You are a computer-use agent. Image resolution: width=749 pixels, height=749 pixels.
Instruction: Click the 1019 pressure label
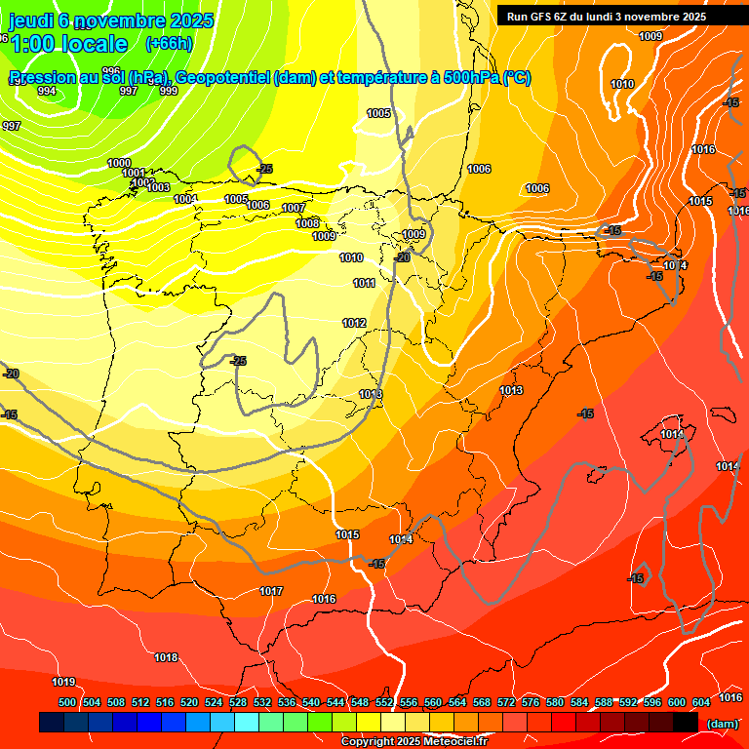(64, 682)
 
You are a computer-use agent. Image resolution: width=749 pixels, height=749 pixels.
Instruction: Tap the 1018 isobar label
(166, 658)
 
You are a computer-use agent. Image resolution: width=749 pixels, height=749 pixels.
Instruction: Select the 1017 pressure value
(271, 592)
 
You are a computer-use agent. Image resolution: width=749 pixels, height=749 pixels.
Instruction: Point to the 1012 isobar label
(354, 323)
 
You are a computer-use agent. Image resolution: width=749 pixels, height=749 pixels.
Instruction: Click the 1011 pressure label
(365, 284)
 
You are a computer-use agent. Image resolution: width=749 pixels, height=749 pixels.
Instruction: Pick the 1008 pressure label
(307, 223)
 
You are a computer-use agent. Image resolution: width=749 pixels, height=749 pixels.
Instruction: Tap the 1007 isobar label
(294, 209)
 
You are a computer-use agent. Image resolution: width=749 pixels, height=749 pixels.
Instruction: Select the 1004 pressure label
(185, 199)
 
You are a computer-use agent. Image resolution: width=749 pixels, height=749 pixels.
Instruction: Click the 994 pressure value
(47, 91)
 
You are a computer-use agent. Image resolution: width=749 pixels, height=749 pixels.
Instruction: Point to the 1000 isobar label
(119, 163)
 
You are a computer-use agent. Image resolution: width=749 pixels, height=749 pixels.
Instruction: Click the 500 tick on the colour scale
(67, 702)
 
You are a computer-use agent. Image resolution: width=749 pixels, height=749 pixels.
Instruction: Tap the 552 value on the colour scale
(384, 702)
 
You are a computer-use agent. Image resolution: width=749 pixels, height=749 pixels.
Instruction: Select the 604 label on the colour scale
(701, 702)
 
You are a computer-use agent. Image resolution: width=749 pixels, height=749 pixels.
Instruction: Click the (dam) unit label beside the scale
(722, 724)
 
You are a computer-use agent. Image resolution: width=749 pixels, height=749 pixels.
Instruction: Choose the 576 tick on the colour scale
(531, 702)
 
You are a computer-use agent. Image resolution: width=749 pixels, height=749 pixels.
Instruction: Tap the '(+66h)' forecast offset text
(169, 44)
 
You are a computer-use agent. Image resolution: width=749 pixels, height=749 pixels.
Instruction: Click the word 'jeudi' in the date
(29, 20)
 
